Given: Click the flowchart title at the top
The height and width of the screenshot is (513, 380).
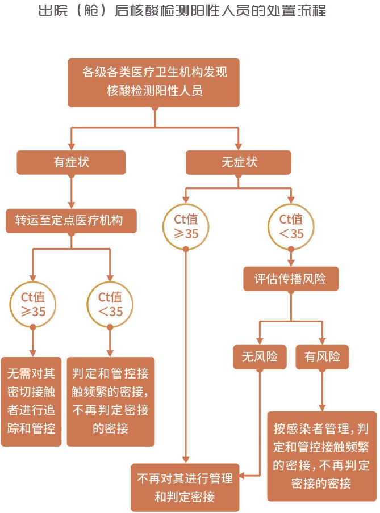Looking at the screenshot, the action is (x=182, y=10).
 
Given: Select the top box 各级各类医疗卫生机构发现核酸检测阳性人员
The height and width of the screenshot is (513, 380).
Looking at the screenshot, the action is (x=153, y=82).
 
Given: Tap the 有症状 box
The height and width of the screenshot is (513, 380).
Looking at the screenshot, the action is (x=71, y=162).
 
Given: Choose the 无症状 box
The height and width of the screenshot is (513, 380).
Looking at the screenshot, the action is (x=239, y=162).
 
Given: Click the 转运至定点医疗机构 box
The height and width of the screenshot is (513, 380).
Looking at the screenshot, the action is (x=71, y=221).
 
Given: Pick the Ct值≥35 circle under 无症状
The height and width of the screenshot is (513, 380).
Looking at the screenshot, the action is (x=186, y=227).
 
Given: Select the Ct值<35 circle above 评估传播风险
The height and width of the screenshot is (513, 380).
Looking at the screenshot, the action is (x=291, y=227).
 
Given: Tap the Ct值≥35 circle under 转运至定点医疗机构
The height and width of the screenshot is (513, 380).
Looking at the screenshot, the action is (x=33, y=305).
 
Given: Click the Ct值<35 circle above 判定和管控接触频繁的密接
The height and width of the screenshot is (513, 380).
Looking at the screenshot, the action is (x=110, y=305).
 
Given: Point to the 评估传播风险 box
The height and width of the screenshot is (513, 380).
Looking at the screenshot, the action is (x=291, y=279).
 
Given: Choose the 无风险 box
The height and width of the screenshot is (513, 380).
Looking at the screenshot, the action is (x=260, y=357).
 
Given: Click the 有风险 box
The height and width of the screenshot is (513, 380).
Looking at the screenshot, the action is (x=322, y=357).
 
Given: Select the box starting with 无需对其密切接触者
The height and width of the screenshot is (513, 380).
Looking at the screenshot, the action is (x=31, y=402).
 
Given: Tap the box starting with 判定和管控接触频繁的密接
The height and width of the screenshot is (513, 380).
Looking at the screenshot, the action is (x=111, y=402).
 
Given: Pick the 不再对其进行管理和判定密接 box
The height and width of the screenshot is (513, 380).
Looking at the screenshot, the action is (x=185, y=487).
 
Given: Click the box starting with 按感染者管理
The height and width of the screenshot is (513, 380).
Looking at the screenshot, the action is (x=322, y=456).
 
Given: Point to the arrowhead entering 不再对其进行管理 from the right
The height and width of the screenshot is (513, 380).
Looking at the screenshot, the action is (x=243, y=476).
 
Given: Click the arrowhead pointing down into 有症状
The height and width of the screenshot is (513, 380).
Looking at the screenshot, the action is (x=71, y=146).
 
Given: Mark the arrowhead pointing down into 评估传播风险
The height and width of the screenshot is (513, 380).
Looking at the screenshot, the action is (x=291, y=263).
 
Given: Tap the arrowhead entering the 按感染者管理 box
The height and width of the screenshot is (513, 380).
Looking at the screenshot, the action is (x=322, y=408).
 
